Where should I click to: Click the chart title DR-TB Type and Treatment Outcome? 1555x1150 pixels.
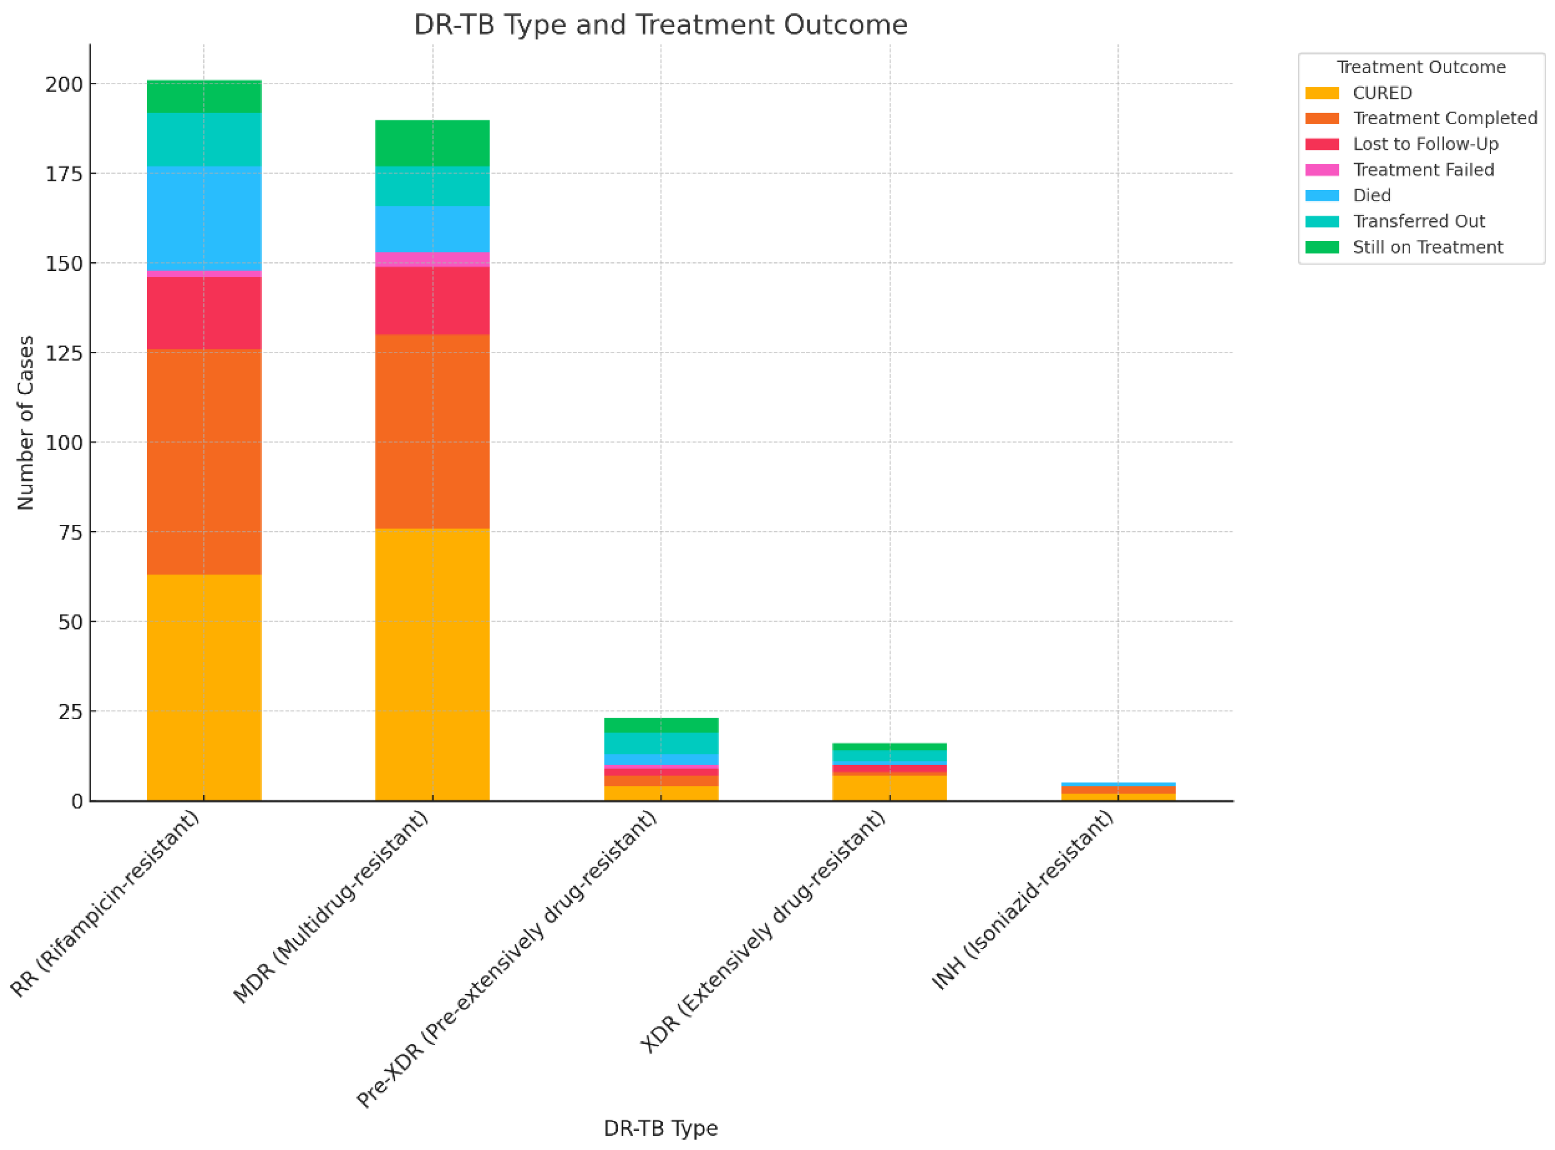click(660, 25)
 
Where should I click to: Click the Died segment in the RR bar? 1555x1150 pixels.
click(204, 218)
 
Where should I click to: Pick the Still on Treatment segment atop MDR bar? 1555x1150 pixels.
click(432, 143)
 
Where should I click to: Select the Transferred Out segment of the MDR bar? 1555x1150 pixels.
click(432, 186)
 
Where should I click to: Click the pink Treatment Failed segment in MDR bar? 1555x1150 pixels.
click(432, 259)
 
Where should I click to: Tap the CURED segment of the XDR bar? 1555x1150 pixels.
click(889, 787)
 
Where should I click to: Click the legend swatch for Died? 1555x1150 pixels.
click(1321, 195)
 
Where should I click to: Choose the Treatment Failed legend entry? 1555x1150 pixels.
click(1423, 170)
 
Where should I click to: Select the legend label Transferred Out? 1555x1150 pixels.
click(1418, 221)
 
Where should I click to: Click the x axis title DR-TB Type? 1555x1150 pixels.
click(660, 1128)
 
